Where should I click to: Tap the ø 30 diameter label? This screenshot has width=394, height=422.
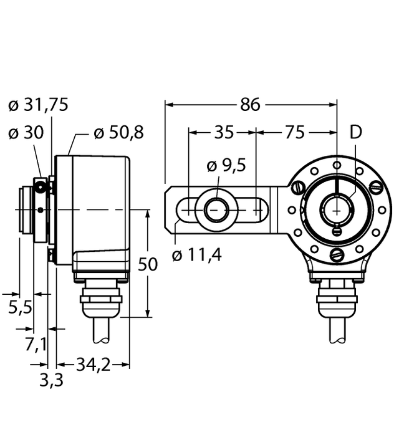click(27, 133)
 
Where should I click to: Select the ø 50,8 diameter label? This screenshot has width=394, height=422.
click(118, 133)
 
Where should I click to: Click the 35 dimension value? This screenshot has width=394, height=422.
click(223, 133)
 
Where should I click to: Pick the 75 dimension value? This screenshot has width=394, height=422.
click(294, 133)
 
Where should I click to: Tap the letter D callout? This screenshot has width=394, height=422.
click(355, 132)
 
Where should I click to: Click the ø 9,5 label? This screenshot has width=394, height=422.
click(226, 166)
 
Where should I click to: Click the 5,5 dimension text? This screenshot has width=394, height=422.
click(20, 307)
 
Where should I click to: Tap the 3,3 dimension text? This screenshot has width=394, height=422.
click(51, 380)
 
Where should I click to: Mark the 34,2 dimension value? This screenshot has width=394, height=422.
click(93, 364)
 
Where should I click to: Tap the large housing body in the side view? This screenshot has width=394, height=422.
click(100, 206)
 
